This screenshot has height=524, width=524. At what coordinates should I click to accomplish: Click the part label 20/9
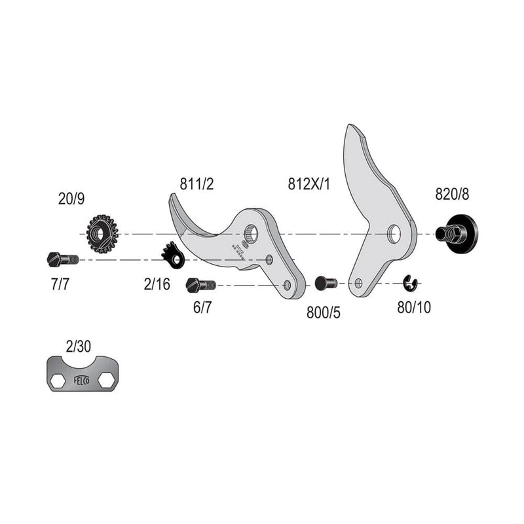(x=71, y=198)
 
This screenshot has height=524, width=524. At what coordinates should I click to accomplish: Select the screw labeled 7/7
(x=63, y=259)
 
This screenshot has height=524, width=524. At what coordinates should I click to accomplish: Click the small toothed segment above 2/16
(x=173, y=255)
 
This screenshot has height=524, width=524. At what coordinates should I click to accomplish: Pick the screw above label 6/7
(x=201, y=286)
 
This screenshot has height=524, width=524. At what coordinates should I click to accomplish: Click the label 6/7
(x=202, y=307)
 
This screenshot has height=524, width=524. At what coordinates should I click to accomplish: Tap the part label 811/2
(x=196, y=184)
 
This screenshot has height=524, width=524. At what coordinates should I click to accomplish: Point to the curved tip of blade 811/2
(x=172, y=198)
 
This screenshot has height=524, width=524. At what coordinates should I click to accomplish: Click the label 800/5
(x=324, y=312)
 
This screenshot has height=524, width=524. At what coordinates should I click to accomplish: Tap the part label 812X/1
(x=309, y=184)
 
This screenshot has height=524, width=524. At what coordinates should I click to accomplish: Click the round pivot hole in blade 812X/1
(x=393, y=233)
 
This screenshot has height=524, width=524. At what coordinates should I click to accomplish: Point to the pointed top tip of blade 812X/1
(x=350, y=127)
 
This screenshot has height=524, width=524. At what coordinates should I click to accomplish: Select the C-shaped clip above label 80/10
(x=411, y=283)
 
